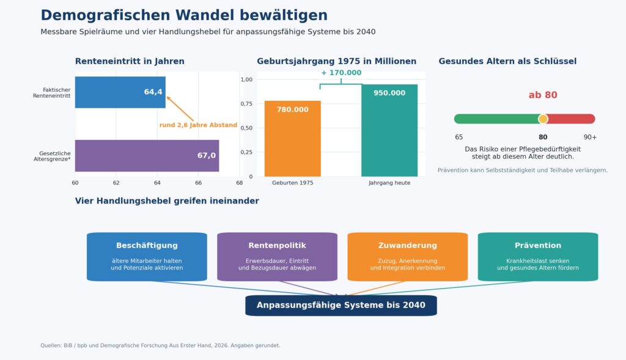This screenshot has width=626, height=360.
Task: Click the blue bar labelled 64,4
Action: point(120,92)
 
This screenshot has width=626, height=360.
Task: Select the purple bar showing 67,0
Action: point(147,156)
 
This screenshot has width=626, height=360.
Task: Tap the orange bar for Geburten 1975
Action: point(293,139)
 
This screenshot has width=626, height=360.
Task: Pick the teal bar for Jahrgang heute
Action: point(389,131)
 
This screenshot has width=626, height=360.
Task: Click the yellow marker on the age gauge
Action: point(543,119)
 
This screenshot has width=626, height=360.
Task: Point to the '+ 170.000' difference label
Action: point(341,73)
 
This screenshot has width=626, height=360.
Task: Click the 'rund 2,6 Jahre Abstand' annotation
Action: point(198,125)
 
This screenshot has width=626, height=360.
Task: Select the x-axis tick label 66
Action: point(199,183)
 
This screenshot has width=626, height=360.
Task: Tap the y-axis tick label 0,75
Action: point(246,104)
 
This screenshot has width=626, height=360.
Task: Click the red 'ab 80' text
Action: point(543,95)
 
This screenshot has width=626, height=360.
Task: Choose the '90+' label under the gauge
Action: point(590,138)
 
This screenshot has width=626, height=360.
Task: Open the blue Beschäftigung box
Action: point(147,257)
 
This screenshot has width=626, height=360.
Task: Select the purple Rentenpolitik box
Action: point(277,257)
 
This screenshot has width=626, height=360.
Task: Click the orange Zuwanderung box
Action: point(408,257)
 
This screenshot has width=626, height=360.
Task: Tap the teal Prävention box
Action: point(538,257)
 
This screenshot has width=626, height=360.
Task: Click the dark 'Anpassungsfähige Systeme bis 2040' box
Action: point(341,306)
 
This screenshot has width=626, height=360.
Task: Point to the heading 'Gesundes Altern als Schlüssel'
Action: point(507,62)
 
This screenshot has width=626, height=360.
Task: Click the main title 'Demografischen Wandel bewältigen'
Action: point(184,15)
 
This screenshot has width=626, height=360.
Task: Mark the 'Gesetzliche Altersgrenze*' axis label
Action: point(52,156)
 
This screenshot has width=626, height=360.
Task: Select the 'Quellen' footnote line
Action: point(160,345)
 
